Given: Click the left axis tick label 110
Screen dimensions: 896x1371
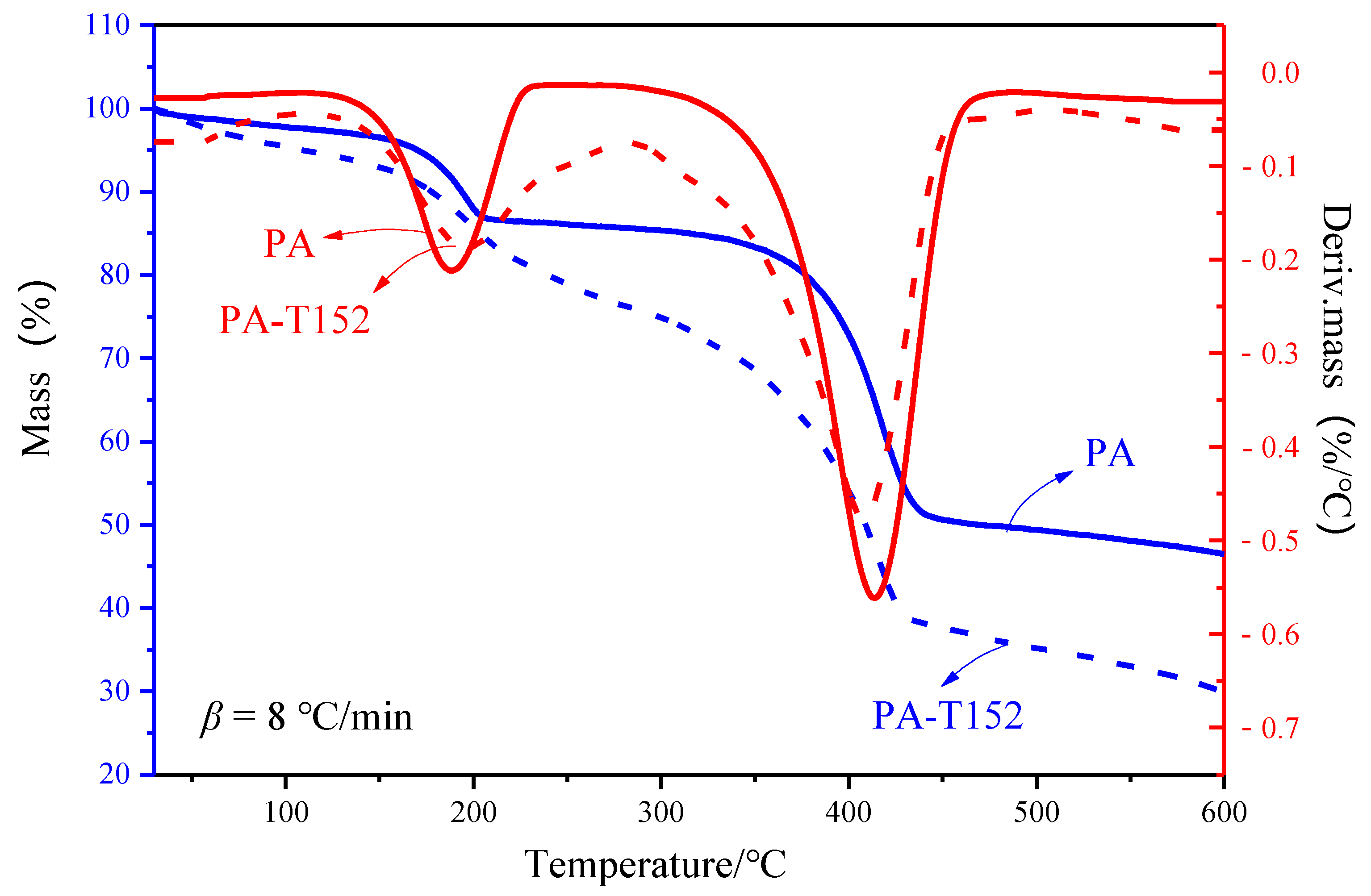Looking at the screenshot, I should [108, 25].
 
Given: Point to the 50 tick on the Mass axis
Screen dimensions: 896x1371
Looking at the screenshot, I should [115, 525].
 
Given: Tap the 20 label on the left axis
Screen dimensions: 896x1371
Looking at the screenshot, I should [115, 775].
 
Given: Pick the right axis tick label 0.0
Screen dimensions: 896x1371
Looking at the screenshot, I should [1280, 73].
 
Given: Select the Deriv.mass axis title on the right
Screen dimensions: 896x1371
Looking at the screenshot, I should [1335, 369].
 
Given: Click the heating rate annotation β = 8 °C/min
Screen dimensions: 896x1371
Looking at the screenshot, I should [306, 717].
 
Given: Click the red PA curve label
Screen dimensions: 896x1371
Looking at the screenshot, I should [289, 244].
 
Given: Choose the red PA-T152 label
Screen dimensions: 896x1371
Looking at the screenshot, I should [294, 320].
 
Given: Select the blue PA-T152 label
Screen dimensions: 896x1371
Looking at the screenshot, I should [948, 716].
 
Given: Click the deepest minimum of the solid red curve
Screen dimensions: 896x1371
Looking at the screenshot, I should [874, 598].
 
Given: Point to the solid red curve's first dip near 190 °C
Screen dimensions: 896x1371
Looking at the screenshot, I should [452, 271].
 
